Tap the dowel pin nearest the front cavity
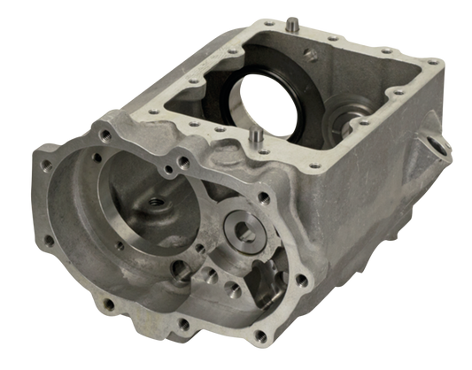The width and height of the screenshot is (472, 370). pos(256,135)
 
